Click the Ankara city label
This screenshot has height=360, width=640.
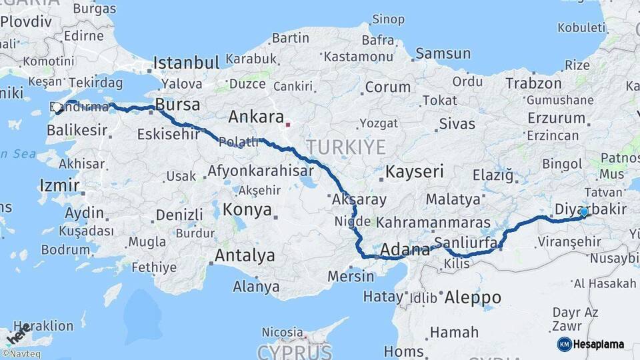256,117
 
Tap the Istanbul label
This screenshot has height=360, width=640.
186,63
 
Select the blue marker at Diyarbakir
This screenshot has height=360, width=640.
584,212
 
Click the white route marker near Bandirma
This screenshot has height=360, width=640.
57,107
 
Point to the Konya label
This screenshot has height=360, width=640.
247,210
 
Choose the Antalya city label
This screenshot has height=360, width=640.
245,255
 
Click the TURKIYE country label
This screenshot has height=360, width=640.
346,147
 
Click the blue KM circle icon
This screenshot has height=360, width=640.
564,344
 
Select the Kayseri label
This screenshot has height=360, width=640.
415,171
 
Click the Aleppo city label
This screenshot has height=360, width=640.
473,297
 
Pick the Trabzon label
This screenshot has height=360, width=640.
533,83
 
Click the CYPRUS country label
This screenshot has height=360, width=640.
294,351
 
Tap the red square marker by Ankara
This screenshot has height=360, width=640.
288,124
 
